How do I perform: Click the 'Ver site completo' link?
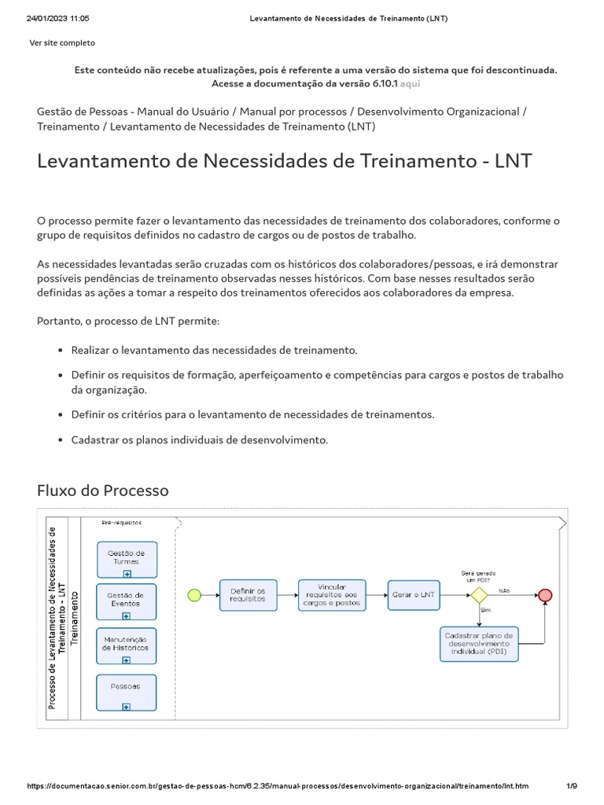62,42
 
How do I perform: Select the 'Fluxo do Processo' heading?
103,491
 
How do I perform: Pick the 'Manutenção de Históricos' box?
127,645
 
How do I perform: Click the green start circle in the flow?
193,596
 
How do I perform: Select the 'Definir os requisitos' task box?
248,595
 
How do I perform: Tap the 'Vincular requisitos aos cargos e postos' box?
332,595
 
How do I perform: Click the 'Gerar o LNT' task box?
413,595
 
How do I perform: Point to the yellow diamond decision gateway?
479,595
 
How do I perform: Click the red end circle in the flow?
545,595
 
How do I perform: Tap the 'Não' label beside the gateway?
504,590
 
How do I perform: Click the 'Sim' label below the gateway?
485,610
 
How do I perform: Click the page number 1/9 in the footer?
572,786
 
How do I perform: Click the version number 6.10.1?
382,83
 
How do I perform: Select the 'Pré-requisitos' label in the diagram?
122,522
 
